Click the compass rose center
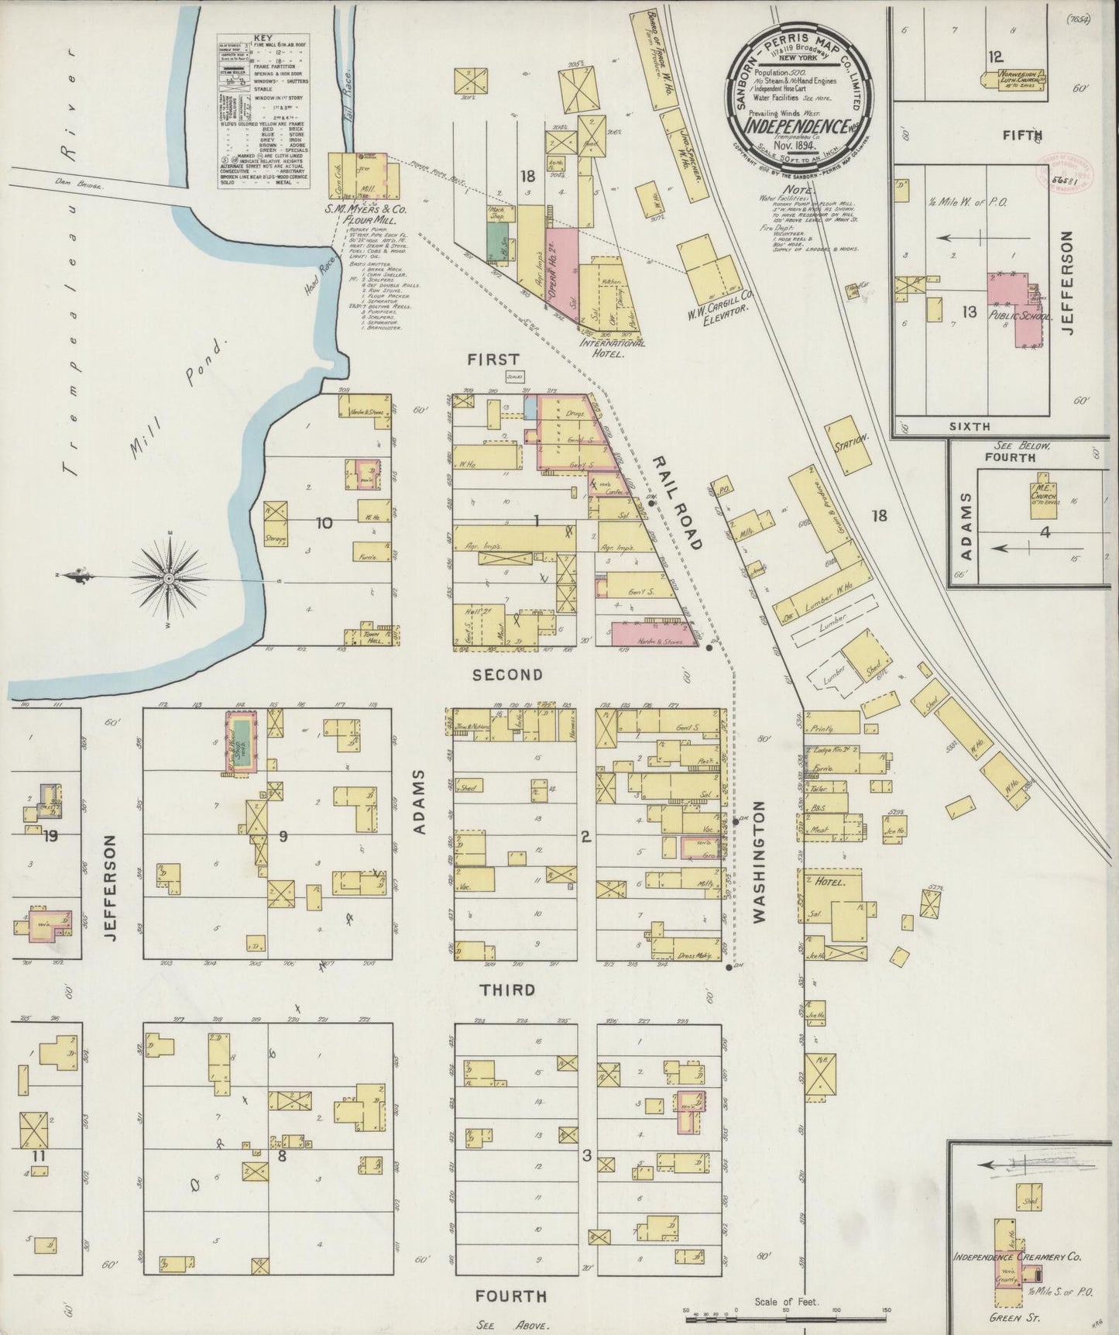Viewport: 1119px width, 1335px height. pos(168,579)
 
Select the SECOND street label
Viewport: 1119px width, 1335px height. pos(507,675)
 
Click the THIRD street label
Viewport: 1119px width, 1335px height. pos(507,989)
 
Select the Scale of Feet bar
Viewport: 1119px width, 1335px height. pos(786,1311)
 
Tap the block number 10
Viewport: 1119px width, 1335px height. pos(324,523)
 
